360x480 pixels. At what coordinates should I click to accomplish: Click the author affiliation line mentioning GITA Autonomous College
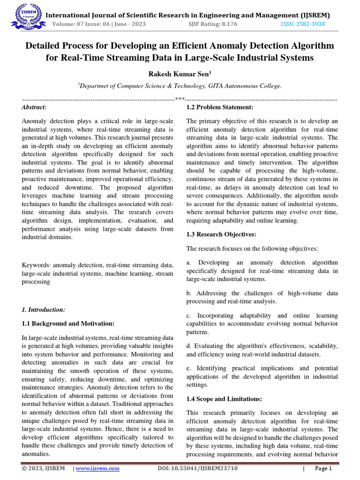click(180, 86)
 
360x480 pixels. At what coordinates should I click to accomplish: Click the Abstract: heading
click(34, 108)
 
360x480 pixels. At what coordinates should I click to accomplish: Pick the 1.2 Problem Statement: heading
click(220, 108)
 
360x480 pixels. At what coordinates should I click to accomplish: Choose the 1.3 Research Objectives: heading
click(221, 234)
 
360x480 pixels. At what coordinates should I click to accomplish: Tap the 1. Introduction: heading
click(44, 309)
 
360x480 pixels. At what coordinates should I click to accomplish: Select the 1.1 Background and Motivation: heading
click(68, 323)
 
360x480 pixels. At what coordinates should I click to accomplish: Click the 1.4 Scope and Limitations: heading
click(224, 399)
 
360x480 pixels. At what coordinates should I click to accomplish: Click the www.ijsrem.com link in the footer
click(97, 468)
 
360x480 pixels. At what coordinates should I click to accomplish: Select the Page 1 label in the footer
click(323, 468)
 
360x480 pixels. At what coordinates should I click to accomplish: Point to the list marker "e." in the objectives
click(189, 368)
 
